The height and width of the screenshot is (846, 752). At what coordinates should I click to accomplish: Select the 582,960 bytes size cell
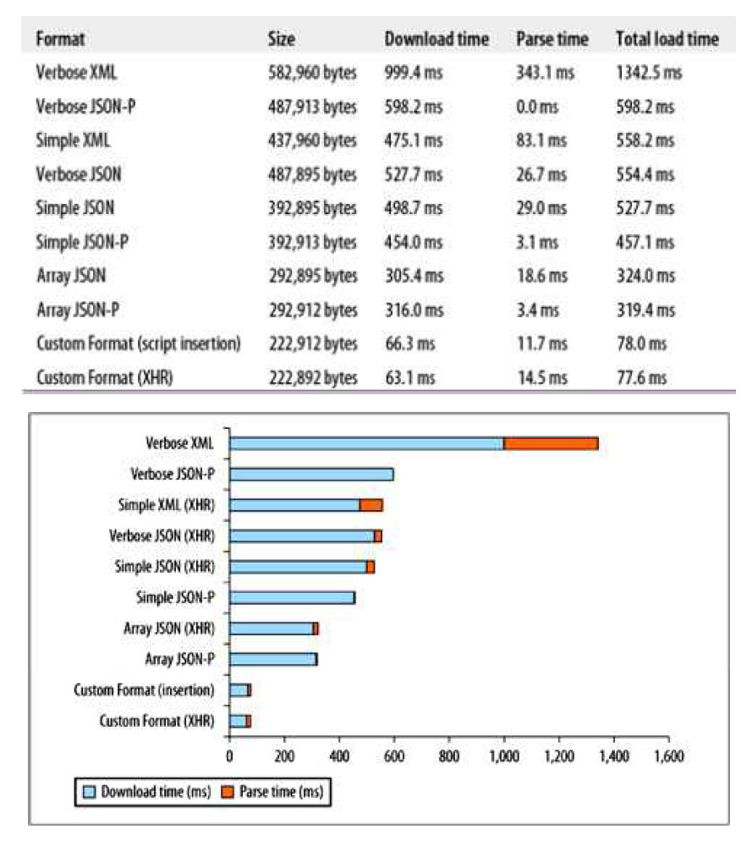click(x=312, y=73)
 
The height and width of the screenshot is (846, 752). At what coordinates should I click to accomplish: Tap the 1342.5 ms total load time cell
click(x=649, y=73)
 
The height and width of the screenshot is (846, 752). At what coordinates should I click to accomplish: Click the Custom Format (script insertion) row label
click(x=139, y=344)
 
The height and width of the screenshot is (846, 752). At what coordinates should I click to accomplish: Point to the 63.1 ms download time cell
click(x=410, y=378)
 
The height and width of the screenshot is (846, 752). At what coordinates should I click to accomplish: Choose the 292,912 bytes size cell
click(x=312, y=310)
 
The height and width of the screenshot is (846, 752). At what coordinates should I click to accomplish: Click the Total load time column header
click(x=667, y=39)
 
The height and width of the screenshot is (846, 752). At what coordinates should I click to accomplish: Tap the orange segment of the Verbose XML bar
click(x=551, y=443)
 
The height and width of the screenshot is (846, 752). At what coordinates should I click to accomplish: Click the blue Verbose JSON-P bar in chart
click(x=311, y=474)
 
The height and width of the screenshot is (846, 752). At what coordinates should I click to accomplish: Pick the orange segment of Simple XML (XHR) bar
click(x=371, y=505)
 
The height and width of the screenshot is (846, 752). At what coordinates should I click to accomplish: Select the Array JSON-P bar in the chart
click(x=273, y=659)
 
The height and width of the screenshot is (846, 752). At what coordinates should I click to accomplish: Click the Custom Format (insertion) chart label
click(x=144, y=690)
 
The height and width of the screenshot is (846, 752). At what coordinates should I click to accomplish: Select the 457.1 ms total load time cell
click(x=645, y=243)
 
